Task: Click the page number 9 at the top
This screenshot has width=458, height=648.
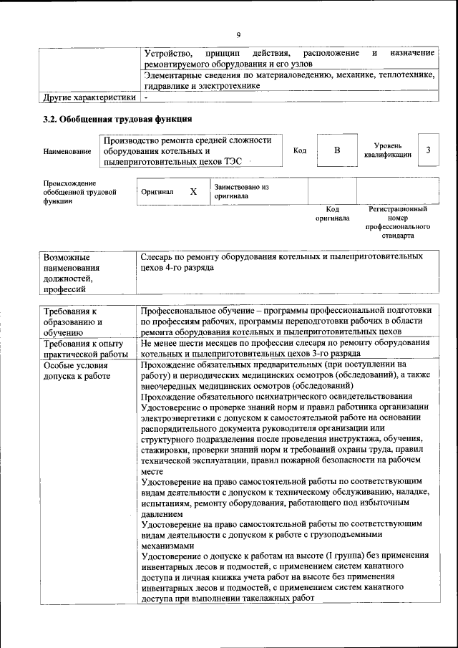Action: point(239,35)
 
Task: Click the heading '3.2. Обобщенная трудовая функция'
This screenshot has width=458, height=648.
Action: point(118,119)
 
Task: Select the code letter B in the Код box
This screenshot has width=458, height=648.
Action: point(336,150)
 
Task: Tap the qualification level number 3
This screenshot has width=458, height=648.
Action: point(428,150)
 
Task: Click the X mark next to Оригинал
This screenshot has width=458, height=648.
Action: point(193,192)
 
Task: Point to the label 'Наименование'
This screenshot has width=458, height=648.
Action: point(67,151)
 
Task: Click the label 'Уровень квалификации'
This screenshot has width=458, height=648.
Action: point(386,150)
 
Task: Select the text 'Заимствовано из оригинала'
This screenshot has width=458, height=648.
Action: point(240,191)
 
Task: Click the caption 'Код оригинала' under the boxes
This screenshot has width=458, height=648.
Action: point(332,213)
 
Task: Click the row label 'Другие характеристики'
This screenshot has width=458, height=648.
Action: point(89,97)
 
